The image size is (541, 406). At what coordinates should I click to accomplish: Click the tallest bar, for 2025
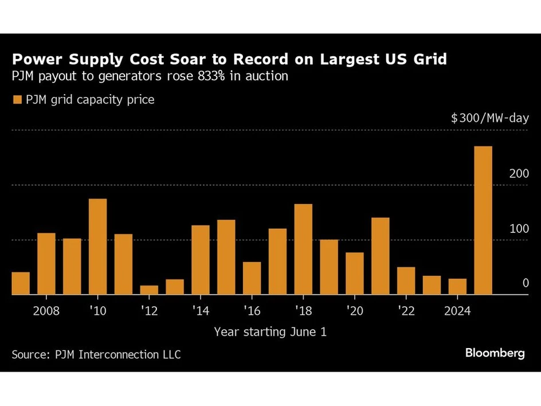[483, 221]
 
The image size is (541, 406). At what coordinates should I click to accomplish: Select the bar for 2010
[97, 247]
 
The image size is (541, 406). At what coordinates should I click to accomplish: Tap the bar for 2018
[303, 249]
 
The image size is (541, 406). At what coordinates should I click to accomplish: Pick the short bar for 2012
[149, 290]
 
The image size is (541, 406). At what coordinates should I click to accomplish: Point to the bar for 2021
[380, 256]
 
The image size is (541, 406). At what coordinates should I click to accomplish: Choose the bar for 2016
[252, 278]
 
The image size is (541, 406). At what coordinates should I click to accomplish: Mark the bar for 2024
[457, 287]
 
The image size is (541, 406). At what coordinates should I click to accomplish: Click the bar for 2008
[46, 264]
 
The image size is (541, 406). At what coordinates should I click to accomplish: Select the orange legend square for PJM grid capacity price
[16, 100]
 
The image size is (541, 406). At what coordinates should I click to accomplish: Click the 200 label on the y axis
[519, 174]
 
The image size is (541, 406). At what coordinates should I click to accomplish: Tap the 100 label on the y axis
[519, 229]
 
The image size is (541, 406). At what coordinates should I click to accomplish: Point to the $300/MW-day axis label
[489, 119]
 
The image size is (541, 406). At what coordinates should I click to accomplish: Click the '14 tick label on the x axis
[200, 310]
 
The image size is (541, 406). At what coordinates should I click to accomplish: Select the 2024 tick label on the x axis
[457, 310]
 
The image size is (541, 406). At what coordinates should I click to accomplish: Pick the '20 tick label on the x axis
[354, 310]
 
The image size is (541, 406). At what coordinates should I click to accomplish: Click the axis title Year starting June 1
[270, 331]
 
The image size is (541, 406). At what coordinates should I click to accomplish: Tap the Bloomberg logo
[495, 353]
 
